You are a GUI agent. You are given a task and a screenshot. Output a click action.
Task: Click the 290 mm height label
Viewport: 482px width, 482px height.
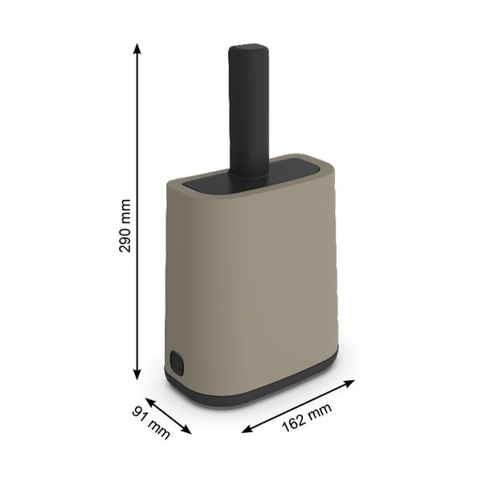125,226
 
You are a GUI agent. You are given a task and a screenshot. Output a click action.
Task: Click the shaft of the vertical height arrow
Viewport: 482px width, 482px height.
137,145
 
